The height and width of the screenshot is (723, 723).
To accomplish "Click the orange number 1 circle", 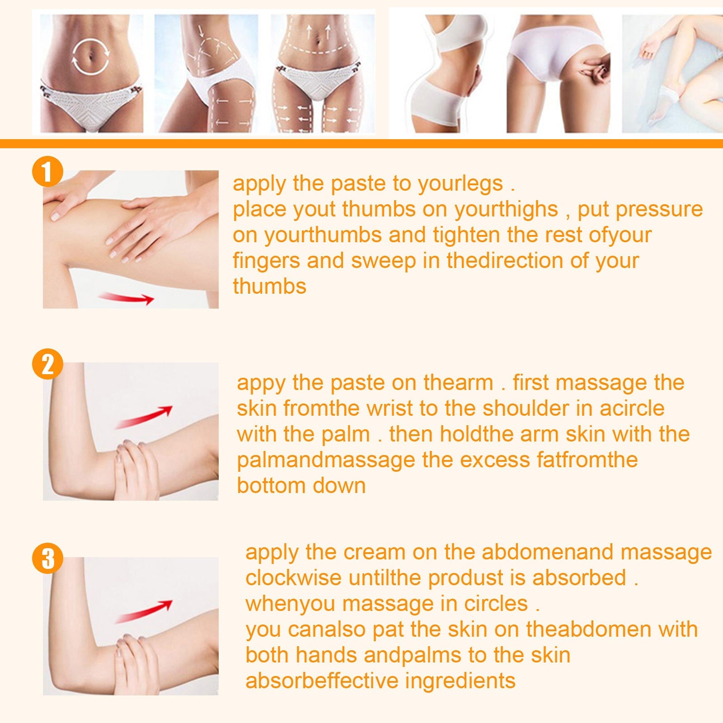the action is pos(47,171).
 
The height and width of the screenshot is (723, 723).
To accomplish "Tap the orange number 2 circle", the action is pos(47,364).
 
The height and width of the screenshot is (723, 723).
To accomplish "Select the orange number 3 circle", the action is pos(47,558).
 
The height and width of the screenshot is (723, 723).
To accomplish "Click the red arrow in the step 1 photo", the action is pos(127,298).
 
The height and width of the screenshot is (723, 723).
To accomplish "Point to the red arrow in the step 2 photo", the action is pos(144,417).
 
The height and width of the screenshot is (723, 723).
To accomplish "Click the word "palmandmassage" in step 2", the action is pos(326,460).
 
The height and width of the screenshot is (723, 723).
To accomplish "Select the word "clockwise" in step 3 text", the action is pos(293,578).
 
